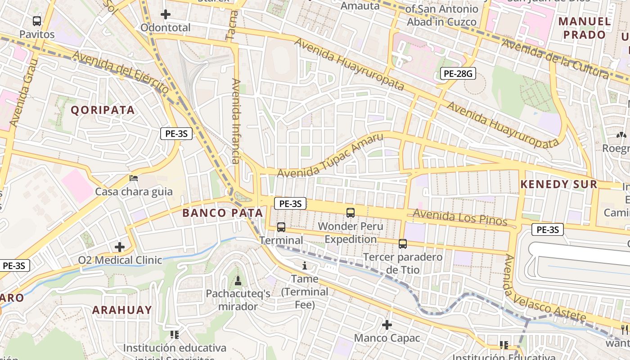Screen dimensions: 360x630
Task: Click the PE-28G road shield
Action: click(458, 74)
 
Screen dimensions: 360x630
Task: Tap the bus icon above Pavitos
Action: click(37, 21)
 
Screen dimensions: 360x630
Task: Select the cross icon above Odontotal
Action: click(166, 14)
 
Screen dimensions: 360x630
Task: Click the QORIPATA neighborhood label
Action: click(103, 110)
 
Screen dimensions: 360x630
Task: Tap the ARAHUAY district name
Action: click(122, 310)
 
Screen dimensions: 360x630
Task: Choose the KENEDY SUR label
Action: click(559, 184)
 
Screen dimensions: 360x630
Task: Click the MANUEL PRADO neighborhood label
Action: click(585, 28)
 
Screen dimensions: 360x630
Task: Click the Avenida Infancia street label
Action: click(236, 121)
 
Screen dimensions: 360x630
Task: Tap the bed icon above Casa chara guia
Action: click(133, 178)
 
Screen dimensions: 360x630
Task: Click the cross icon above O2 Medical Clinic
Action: click(120, 247)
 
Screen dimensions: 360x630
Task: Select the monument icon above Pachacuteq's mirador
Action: click(238, 281)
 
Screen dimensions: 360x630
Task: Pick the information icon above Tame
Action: click(305, 265)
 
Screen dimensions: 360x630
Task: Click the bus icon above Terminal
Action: click(281, 227)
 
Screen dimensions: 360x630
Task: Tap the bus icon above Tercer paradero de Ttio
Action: click(402, 244)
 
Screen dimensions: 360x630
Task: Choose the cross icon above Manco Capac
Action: click(387, 324)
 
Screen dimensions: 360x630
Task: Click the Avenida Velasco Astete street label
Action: click(544, 288)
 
